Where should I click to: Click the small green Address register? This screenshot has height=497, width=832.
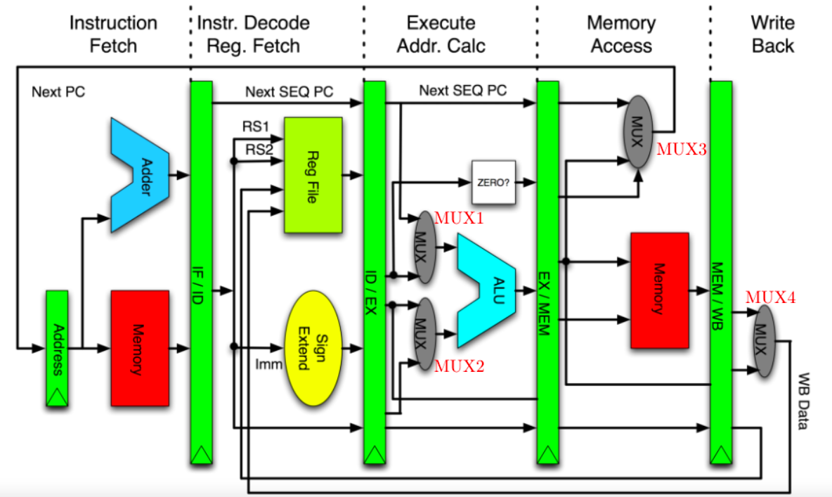pyautogui.click(x=57, y=348)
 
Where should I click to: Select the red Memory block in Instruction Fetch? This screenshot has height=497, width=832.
pyautogui.click(x=140, y=348)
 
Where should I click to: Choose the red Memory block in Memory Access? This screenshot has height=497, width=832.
pyautogui.click(x=659, y=290)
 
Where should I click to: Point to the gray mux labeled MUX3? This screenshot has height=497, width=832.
pyautogui.click(x=638, y=131)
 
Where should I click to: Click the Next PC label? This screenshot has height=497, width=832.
pyautogui.click(x=58, y=92)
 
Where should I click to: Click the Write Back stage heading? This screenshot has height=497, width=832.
pyautogui.click(x=772, y=34)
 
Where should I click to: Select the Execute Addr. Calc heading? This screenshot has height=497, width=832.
pyautogui.click(x=441, y=34)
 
